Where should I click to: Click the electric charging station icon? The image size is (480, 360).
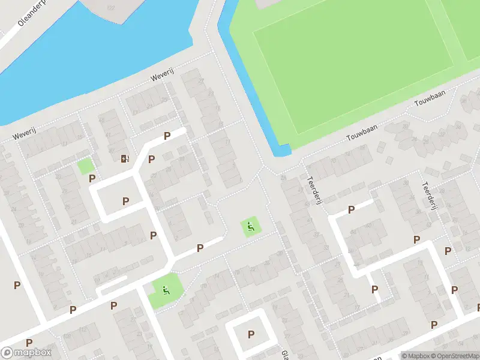point(125,158)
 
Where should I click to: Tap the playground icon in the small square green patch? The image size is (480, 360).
point(251,226)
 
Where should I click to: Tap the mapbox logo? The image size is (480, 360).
point(26,353)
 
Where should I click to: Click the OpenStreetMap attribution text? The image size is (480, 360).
point(454,356)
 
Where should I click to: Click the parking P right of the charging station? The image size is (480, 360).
point(152,159)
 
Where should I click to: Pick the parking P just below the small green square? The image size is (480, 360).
point(92,178)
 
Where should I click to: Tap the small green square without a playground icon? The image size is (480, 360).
point(85,166)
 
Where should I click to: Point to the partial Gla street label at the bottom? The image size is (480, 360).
point(285,354)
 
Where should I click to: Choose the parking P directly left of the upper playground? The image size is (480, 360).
point(200,247)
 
